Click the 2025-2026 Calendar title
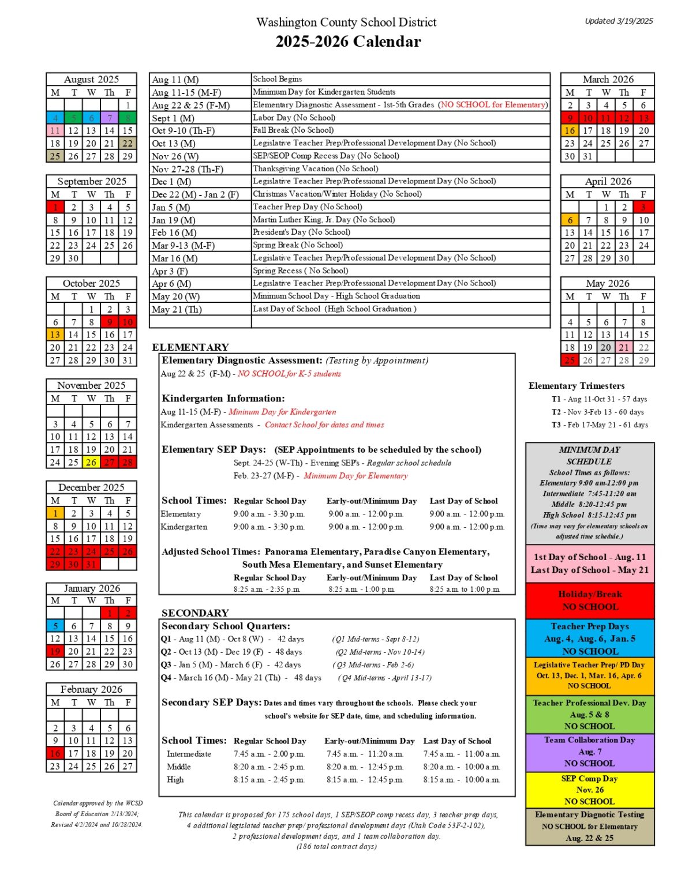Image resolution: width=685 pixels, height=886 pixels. pyautogui.click(x=348, y=42)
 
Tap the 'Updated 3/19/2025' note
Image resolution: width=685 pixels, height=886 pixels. pyautogui.click(x=619, y=21)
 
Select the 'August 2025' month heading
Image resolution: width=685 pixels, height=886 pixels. pyautogui.click(x=91, y=80)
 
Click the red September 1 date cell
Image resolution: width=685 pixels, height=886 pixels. pyautogui.click(x=55, y=207)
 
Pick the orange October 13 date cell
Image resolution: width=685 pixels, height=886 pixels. pyautogui.click(x=55, y=335)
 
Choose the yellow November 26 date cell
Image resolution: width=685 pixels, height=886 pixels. pyautogui.click(x=91, y=462)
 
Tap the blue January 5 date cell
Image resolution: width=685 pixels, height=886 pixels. pyautogui.click(x=55, y=626)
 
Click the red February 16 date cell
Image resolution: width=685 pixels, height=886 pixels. pyautogui.click(x=55, y=753)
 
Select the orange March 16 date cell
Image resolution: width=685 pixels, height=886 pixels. pyautogui.click(x=570, y=130)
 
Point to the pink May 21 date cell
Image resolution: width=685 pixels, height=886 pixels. pyautogui.click(x=624, y=347)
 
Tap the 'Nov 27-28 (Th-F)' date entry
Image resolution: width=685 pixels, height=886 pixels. pyautogui.click(x=187, y=169)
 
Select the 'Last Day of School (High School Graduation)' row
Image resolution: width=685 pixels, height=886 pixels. pyautogui.click(x=334, y=309)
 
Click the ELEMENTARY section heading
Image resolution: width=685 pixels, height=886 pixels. pyautogui.click(x=190, y=347)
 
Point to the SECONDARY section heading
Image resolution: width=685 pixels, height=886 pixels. pyautogui.click(x=195, y=613)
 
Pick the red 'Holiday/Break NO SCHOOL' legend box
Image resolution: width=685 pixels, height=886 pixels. pyautogui.click(x=590, y=600)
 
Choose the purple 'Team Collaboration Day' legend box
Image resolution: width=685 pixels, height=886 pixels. pyautogui.click(x=590, y=752)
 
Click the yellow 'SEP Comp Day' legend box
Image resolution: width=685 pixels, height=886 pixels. pyautogui.click(x=590, y=790)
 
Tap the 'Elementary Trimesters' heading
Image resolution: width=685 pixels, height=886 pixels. pyautogui.click(x=577, y=386)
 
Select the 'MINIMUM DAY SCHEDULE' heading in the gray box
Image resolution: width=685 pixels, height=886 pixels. pyautogui.click(x=590, y=456)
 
